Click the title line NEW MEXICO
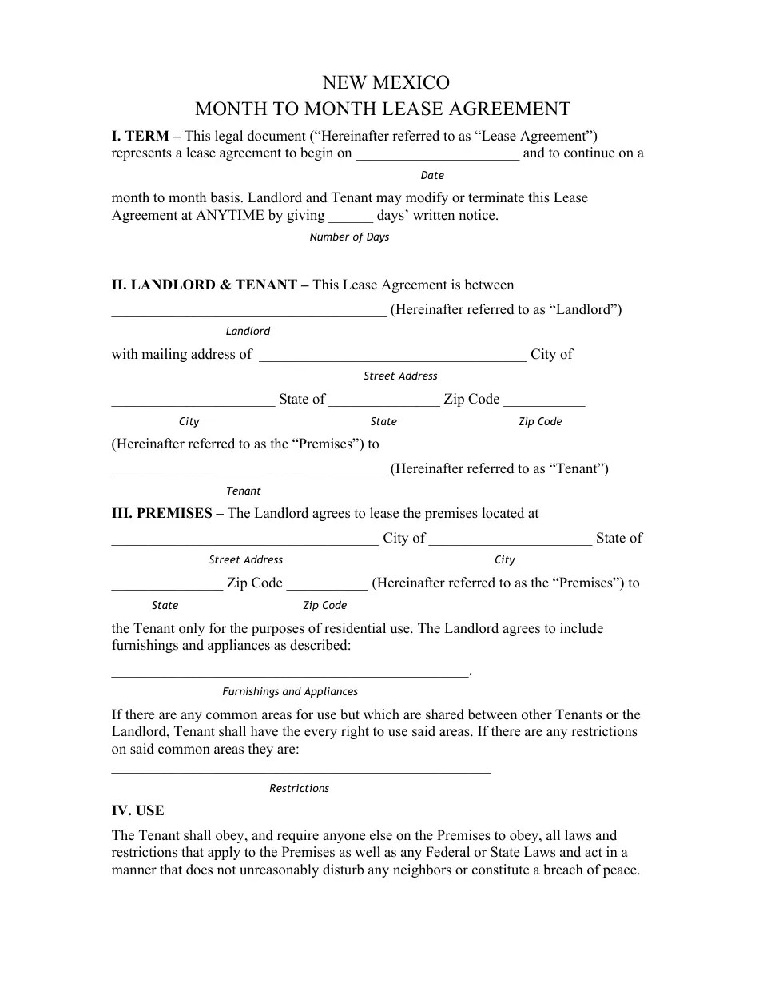(385, 83)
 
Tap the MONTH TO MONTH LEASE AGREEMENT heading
(383, 109)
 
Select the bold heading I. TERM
(140, 137)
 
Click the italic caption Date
(431, 176)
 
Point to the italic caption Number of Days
(349, 237)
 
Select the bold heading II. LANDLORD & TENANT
(205, 285)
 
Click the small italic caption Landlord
(248, 332)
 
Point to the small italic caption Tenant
(244, 491)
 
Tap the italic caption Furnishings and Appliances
(290, 692)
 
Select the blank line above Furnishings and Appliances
(289, 675)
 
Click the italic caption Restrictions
(299, 789)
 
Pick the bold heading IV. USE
(137, 811)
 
